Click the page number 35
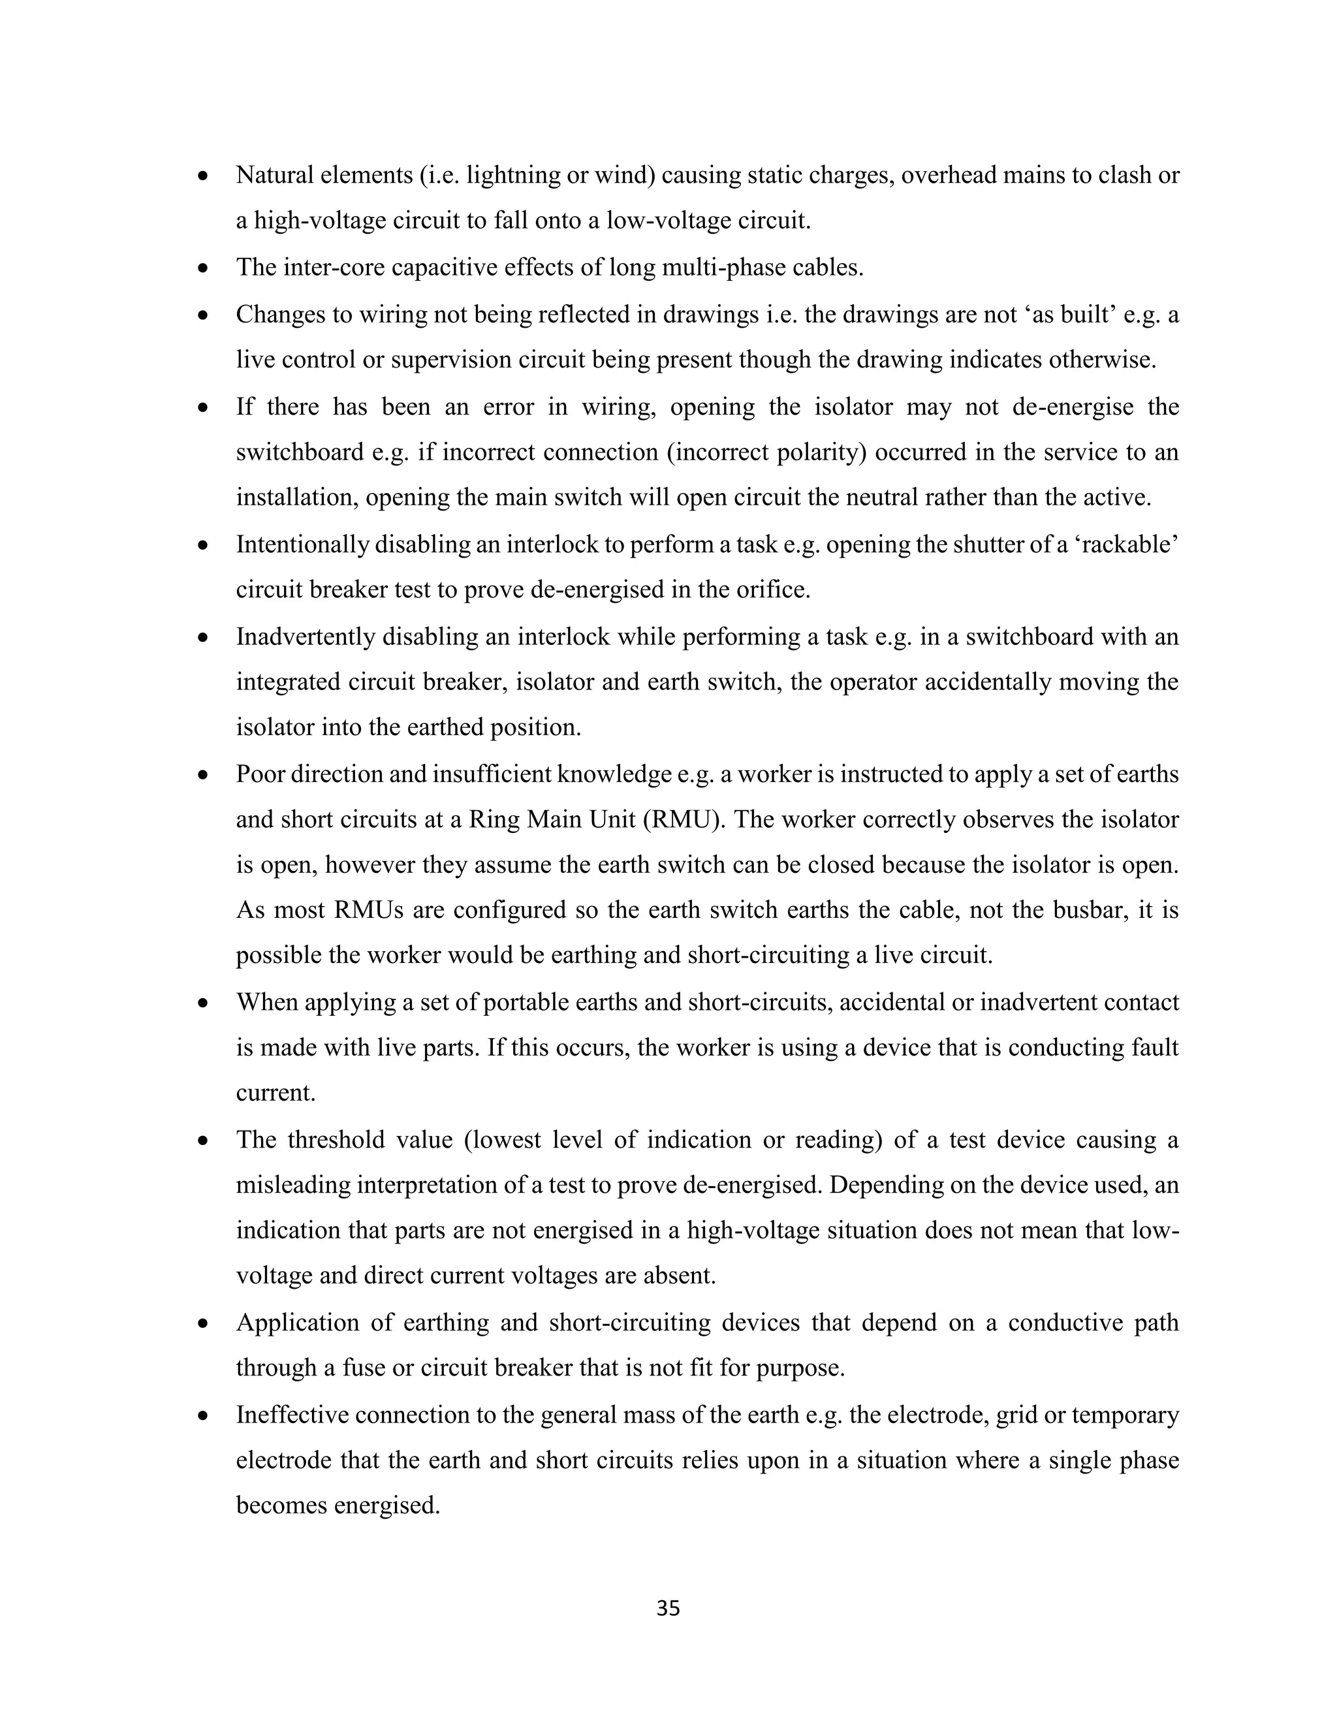[668, 1608]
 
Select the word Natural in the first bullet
[275, 175]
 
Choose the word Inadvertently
[305, 637]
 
